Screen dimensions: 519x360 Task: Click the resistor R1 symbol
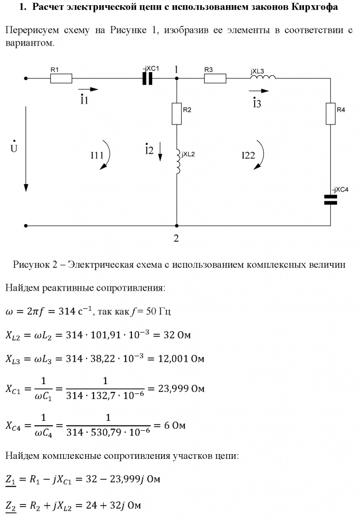point(61,79)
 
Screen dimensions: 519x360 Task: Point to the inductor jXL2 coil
point(178,162)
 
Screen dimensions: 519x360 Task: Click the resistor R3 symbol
point(215,79)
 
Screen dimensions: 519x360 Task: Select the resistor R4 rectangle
point(331,114)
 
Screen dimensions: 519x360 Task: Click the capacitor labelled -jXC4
point(331,200)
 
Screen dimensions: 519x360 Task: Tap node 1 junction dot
point(177,79)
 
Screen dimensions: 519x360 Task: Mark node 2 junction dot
point(177,226)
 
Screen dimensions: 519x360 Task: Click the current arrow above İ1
point(86,89)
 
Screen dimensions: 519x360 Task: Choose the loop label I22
point(248,155)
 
